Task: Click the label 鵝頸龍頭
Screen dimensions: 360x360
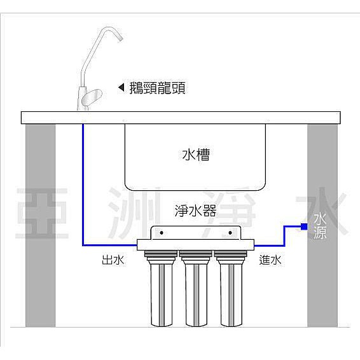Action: pyautogui.click(x=157, y=88)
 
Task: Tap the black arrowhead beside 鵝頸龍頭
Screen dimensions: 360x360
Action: pyautogui.click(x=121, y=87)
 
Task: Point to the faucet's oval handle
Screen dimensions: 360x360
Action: pyautogui.click(x=92, y=97)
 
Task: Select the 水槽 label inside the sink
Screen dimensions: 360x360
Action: pyautogui.click(x=196, y=155)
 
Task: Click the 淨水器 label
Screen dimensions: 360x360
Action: pyautogui.click(x=195, y=211)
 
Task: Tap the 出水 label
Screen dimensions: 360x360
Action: pyautogui.click(x=113, y=260)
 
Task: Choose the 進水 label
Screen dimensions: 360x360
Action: pyautogui.click(x=270, y=260)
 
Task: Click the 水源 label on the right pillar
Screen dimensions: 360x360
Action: pyautogui.click(x=320, y=226)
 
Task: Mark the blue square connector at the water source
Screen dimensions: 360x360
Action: pyautogui.click(x=304, y=226)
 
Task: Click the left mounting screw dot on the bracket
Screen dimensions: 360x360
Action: pyautogui.click(x=162, y=233)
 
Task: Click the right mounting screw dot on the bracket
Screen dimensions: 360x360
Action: pyautogui.click(x=230, y=233)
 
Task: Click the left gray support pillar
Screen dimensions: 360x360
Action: pyautogui.click(x=41, y=225)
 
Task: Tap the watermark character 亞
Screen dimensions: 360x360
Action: pyautogui.click(x=42, y=213)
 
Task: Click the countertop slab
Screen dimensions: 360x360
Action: pyautogui.click(x=181, y=118)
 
